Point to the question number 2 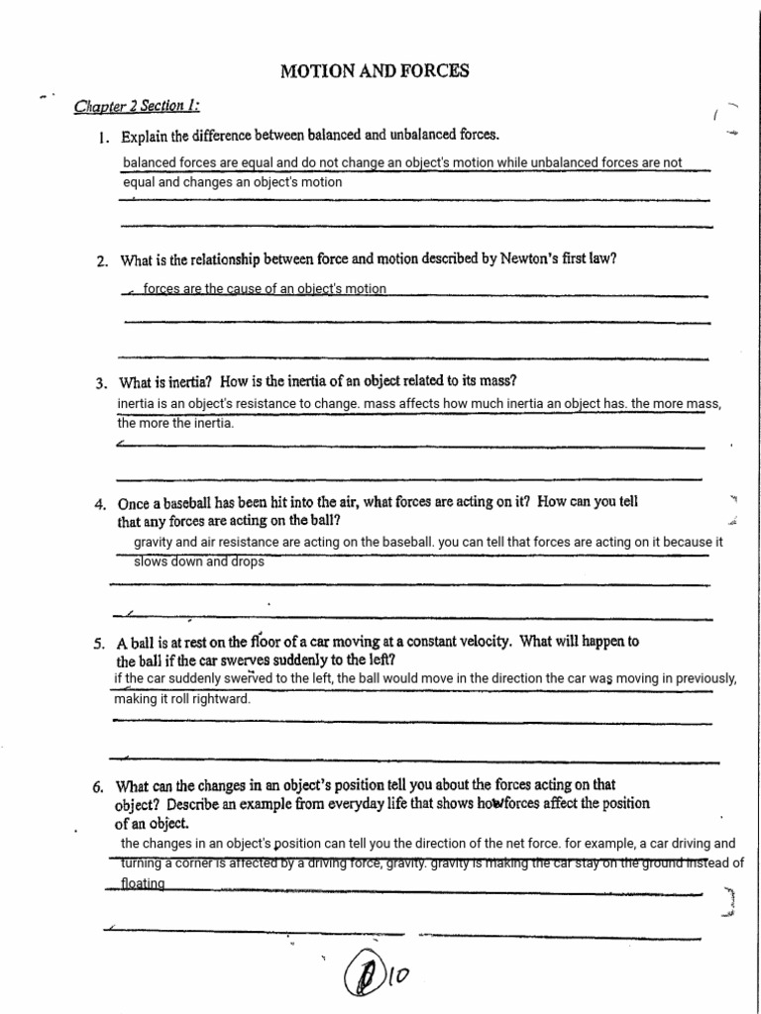[101, 261]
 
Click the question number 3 [101, 382]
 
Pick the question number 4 [101, 504]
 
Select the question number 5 [99, 643]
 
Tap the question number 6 [99, 788]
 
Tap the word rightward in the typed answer [218, 698]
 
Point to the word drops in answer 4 [249, 561]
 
